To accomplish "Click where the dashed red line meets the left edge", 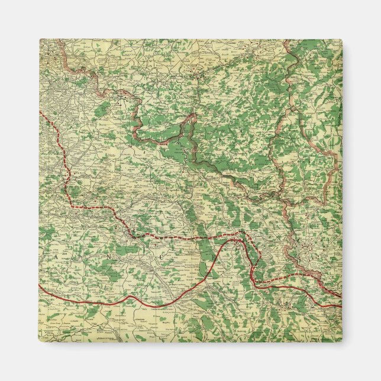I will (x=40, y=112).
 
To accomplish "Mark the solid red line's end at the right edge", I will (x=341, y=306).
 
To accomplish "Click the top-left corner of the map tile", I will (x=40, y=40).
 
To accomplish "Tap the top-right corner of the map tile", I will (x=342, y=40).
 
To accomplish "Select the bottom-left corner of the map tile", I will (x=40, y=342).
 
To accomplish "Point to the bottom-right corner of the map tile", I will (x=342, y=342).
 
